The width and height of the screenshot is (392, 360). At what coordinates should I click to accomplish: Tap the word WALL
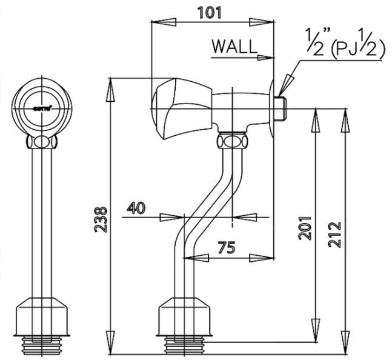pos(234,46)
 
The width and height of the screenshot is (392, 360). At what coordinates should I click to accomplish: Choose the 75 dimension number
pos(227,247)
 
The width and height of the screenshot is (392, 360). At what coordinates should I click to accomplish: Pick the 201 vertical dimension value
pos(305,227)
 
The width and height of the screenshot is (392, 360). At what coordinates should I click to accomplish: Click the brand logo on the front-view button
pos(41,107)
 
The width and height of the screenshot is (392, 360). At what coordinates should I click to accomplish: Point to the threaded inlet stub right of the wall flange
pos(281,108)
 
